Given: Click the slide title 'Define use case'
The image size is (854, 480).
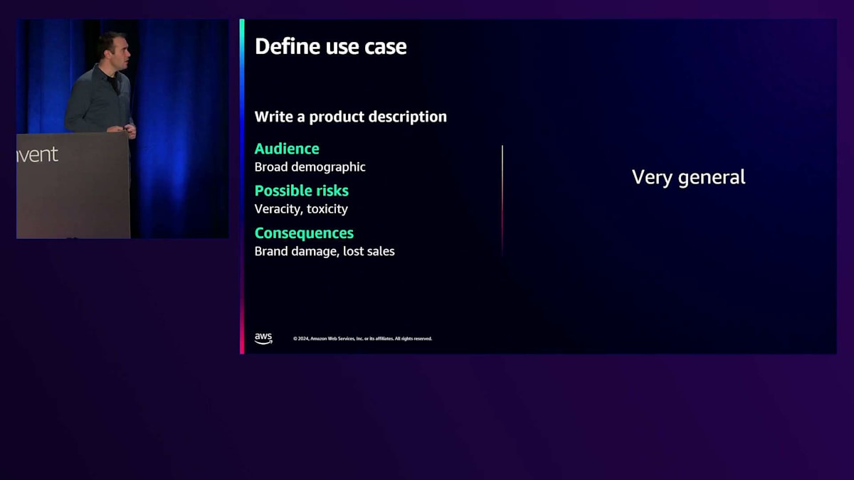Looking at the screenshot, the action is click(x=330, y=46).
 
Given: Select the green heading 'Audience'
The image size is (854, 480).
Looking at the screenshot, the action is click(x=287, y=149).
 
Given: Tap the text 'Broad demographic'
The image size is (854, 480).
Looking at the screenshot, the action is click(x=310, y=167).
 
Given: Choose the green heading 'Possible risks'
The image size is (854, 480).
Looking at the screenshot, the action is click(x=302, y=191).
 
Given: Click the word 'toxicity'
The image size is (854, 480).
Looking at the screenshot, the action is click(x=327, y=209).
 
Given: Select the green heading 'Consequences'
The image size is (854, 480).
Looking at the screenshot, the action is click(x=305, y=233).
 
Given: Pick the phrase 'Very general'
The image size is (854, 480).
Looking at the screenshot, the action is click(x=689, y=178).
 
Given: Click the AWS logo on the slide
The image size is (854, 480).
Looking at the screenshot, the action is click(x=263, y=338).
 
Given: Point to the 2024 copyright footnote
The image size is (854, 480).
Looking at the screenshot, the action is click(x=362, y=338).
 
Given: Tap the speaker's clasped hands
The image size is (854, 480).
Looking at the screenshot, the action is click(x=127, y=130).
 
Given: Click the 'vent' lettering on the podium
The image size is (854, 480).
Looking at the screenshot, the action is click(x=38, y=155).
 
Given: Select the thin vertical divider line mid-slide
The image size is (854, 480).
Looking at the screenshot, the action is click(x=502, y=201).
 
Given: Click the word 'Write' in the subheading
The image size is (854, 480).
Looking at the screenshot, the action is click(x=274, y=117).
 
